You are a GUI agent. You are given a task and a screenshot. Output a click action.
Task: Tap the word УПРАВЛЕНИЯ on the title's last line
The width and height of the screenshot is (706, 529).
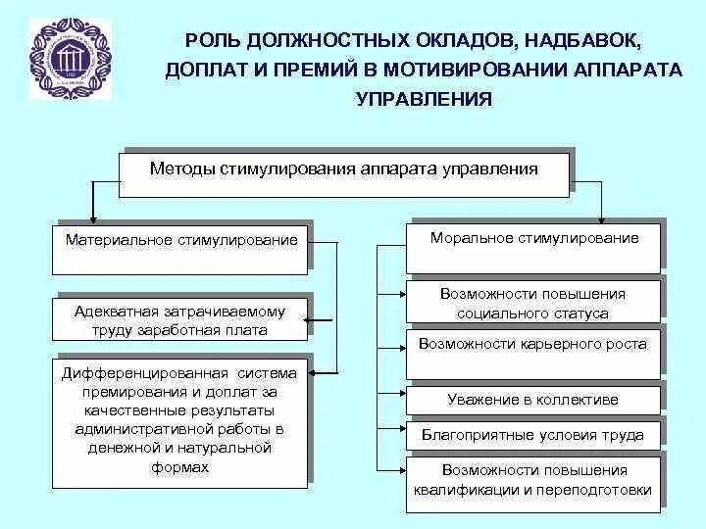(423, 99)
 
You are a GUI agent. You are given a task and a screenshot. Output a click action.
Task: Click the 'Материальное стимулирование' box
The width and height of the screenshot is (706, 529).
(181, 240)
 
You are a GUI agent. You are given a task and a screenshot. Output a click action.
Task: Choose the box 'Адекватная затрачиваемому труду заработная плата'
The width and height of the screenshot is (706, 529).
(181, 320)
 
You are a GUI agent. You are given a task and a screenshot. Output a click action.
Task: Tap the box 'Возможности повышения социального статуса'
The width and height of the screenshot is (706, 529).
(533, 303)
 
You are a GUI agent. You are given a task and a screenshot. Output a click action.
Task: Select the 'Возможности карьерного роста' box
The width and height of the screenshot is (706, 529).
(533, 344)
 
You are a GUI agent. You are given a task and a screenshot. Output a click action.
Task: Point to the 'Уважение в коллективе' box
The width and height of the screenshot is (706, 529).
(533, 400)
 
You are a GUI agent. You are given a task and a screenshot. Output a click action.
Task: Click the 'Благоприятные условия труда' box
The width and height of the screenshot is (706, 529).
(533, 435)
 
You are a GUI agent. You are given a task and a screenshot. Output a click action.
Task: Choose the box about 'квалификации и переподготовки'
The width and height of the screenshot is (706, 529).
(533, 480)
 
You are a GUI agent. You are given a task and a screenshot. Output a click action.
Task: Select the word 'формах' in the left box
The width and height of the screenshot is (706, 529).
(181, 467)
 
